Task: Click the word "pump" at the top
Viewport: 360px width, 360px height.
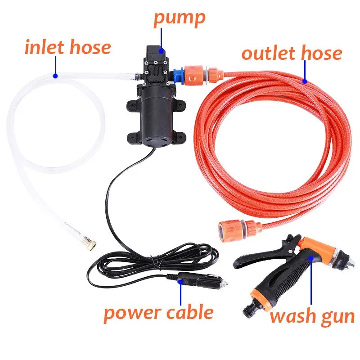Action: [179, 18]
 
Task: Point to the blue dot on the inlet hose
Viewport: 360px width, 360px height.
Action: [55, 76]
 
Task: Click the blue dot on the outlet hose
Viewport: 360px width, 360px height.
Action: [305, 81]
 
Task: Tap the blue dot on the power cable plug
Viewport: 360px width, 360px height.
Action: [180, 282]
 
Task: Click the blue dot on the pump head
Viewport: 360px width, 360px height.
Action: [161, 47]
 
